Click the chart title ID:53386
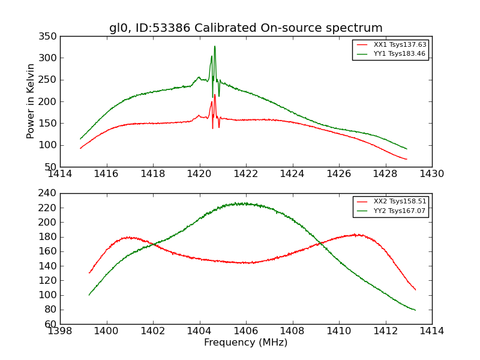click(245, 28)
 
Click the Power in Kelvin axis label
click(31, 101)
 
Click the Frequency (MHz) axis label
click(245, 343)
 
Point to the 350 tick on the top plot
click(49, 37)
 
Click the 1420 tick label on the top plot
click(199, 174)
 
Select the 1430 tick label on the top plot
click(431, 174)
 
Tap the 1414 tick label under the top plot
click(60, 174)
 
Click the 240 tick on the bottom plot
click(49, 193)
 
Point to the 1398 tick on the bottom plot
click(60, 331)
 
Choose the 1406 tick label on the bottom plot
click(245, 331)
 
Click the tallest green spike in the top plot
click(215, 46)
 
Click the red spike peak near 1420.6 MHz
click(215, 94)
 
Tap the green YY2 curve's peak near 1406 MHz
click(237, 203)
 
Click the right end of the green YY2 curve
click(415, 310)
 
